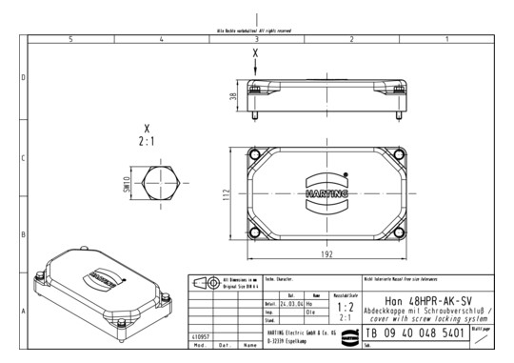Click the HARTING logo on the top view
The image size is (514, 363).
tap(326, 192)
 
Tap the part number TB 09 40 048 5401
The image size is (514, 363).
tap(415, 335)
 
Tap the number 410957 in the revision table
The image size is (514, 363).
tap(200, 336)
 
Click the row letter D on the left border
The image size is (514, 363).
tap(23, 77)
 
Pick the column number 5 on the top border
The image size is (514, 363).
tap(71, 39)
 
